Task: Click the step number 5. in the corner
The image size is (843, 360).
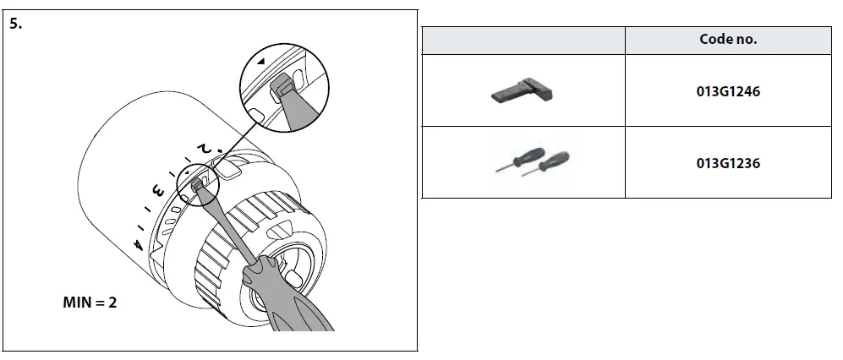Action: click(x=16, y=24)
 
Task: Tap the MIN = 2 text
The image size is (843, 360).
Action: click(x=90, y=303)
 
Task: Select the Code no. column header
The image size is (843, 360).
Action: click(x=728, y=40)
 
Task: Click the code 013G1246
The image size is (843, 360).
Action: click(x=728, y=90)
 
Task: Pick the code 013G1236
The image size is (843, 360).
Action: click(x=728, y=162)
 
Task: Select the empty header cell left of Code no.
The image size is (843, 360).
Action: click(x=523, y=40)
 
